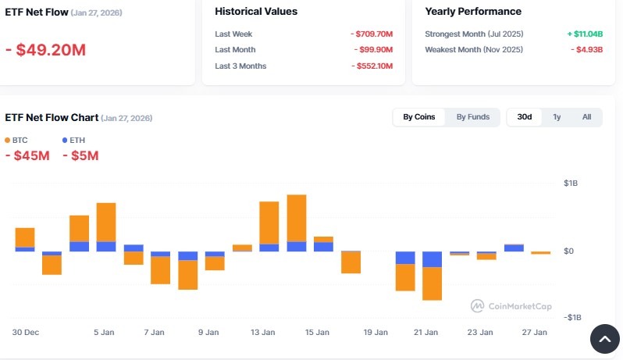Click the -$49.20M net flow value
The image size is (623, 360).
click(45, 50)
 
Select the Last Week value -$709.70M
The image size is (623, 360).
click(372, 34)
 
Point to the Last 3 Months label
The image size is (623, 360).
click(240, 66)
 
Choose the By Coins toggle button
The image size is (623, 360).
click(419, 117)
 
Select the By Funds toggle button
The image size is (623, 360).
click(473, 117)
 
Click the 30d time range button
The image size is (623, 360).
click(525, 117)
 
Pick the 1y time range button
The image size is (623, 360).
click(557, 117)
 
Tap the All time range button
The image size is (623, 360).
click(586, 117)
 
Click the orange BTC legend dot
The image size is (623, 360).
click(8, 140)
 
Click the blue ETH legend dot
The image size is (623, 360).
click(65, 140)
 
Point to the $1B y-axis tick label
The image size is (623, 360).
click(571, 184)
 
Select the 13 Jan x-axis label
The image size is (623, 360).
click(263, 332)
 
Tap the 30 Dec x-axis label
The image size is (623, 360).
click(26, 332)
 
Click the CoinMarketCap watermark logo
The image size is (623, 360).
click(476, 306)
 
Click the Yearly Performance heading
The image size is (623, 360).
click(473, 12)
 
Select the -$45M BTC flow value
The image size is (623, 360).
click(27, 155)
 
